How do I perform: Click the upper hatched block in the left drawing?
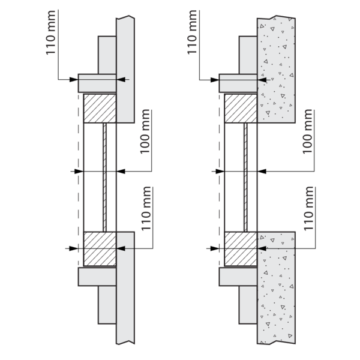[99, 108]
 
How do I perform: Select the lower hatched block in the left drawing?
[99, 248]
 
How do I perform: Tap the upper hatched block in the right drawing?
[241, 108]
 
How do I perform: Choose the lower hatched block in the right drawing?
[241, 248]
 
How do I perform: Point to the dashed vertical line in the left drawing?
[78, 180]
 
